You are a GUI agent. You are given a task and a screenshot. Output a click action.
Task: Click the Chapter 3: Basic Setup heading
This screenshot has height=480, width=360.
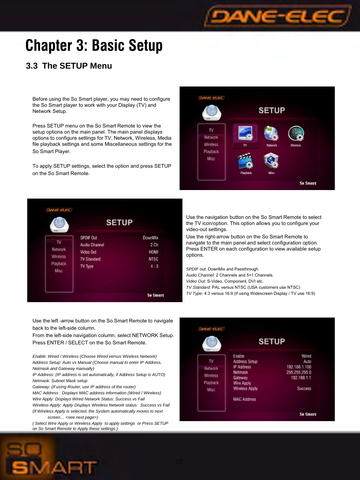pyautogui.click(x=94, y=45)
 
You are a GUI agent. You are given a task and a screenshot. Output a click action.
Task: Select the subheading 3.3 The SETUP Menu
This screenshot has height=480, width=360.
pyautogui.click(x=69, y=66)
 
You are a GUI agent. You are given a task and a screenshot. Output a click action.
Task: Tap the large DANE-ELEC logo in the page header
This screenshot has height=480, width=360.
pyautogui.click(x=278, y=17)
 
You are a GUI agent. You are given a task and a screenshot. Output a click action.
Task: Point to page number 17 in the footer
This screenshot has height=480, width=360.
pyautogui.click(x=179, y=463)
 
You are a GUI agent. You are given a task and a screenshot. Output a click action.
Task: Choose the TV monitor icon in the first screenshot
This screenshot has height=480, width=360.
pyautogui.click(x=245, y=135)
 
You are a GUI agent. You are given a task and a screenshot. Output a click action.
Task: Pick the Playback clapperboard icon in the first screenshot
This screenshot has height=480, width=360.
pyautogui.click(x=246, y=162)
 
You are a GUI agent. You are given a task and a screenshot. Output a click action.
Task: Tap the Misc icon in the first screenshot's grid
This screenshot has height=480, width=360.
pyautogui.click(x=271, y=162)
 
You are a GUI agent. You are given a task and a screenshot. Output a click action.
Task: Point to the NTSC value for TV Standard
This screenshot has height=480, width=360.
pyautogui.click(x=153, y=259)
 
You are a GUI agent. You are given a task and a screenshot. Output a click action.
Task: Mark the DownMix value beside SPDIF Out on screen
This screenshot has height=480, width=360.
pyautogui.click(x=150, y=238)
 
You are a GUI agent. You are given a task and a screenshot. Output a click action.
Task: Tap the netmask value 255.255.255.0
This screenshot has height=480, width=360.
pyautogui.click(x=299, y=372)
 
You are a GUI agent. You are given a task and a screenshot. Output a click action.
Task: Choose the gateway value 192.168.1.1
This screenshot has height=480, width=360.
pyautogui.click(x=301, y=378)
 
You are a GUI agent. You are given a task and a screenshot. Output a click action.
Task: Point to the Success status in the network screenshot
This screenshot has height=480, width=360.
pyautogui.click(x=304, y=389)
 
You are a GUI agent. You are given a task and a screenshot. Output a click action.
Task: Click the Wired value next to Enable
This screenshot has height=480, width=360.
pyautogui.click(x=306, y=356)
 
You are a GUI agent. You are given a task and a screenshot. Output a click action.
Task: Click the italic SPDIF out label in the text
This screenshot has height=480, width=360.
pyautogui.click(x=196, y=269)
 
